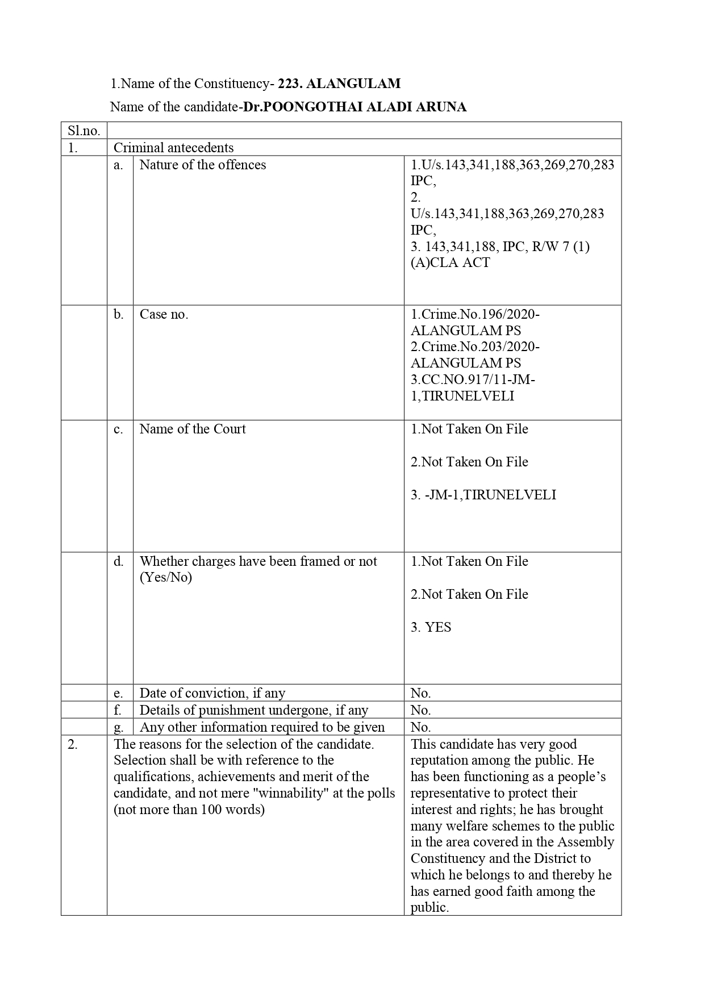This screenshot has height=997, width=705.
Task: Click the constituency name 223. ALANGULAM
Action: tap(339, 84)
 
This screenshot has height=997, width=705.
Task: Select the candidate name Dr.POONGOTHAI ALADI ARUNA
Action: tap(355, 107)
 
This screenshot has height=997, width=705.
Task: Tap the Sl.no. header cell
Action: tap(84, 131)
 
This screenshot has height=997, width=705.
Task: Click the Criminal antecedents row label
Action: tap(174, 148)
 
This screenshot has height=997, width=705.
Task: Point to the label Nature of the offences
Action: tap(203, 165)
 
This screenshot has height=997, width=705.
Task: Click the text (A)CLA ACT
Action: tap(450, 262)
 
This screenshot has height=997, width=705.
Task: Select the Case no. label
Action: tap(164, 314)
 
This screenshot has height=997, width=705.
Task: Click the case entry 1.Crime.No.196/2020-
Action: tap(475, 314)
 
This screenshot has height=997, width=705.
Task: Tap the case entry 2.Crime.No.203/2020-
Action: tap(475, 347)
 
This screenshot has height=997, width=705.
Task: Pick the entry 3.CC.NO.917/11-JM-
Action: tap(473, 379)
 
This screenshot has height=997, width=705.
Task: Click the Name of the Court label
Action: tap(193, 429)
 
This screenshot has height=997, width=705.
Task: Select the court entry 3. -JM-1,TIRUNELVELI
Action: tap(483, 495)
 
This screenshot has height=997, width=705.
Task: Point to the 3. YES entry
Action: tap(431, 627)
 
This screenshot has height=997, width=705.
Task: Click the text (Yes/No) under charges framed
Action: tap(166, 578)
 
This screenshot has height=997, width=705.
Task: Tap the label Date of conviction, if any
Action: tap(212, 693)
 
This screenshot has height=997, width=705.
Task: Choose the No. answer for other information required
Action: tap(421, 727)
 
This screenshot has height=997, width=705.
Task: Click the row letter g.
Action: tap(119, 727)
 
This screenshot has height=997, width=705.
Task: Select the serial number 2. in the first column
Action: tap(73, 744)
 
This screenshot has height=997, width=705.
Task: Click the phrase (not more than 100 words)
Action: tap(189, 810)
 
